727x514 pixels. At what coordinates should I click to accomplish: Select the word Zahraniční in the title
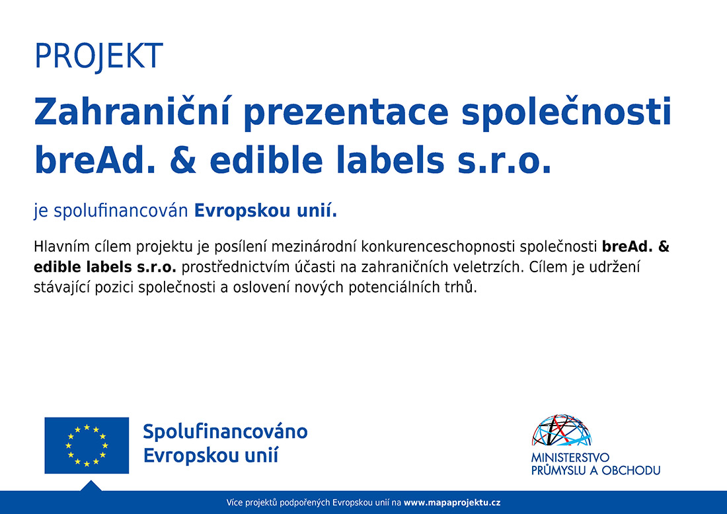click(x=132, y=112)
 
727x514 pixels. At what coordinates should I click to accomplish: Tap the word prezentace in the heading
click(x=346, y=114)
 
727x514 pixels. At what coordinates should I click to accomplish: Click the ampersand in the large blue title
click(x=183, y=160)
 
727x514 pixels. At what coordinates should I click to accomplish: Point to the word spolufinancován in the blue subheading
click(x=121, y=211)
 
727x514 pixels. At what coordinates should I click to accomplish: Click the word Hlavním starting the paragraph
click(x=61, y=246)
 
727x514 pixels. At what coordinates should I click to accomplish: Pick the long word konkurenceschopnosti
click(x=438, y=247)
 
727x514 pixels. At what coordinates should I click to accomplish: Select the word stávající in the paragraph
click(x=62, y=287)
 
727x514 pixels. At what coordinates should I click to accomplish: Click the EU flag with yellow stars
click(x=87, y=445)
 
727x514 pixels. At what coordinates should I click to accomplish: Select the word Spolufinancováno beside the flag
click(x=225, y=431)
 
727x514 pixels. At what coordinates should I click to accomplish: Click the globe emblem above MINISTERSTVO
click(x=562, y=431)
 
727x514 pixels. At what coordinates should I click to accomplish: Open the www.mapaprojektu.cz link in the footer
click(x=452, y=502)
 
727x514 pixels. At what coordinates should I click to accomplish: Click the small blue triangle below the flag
click(x=91, y=486)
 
